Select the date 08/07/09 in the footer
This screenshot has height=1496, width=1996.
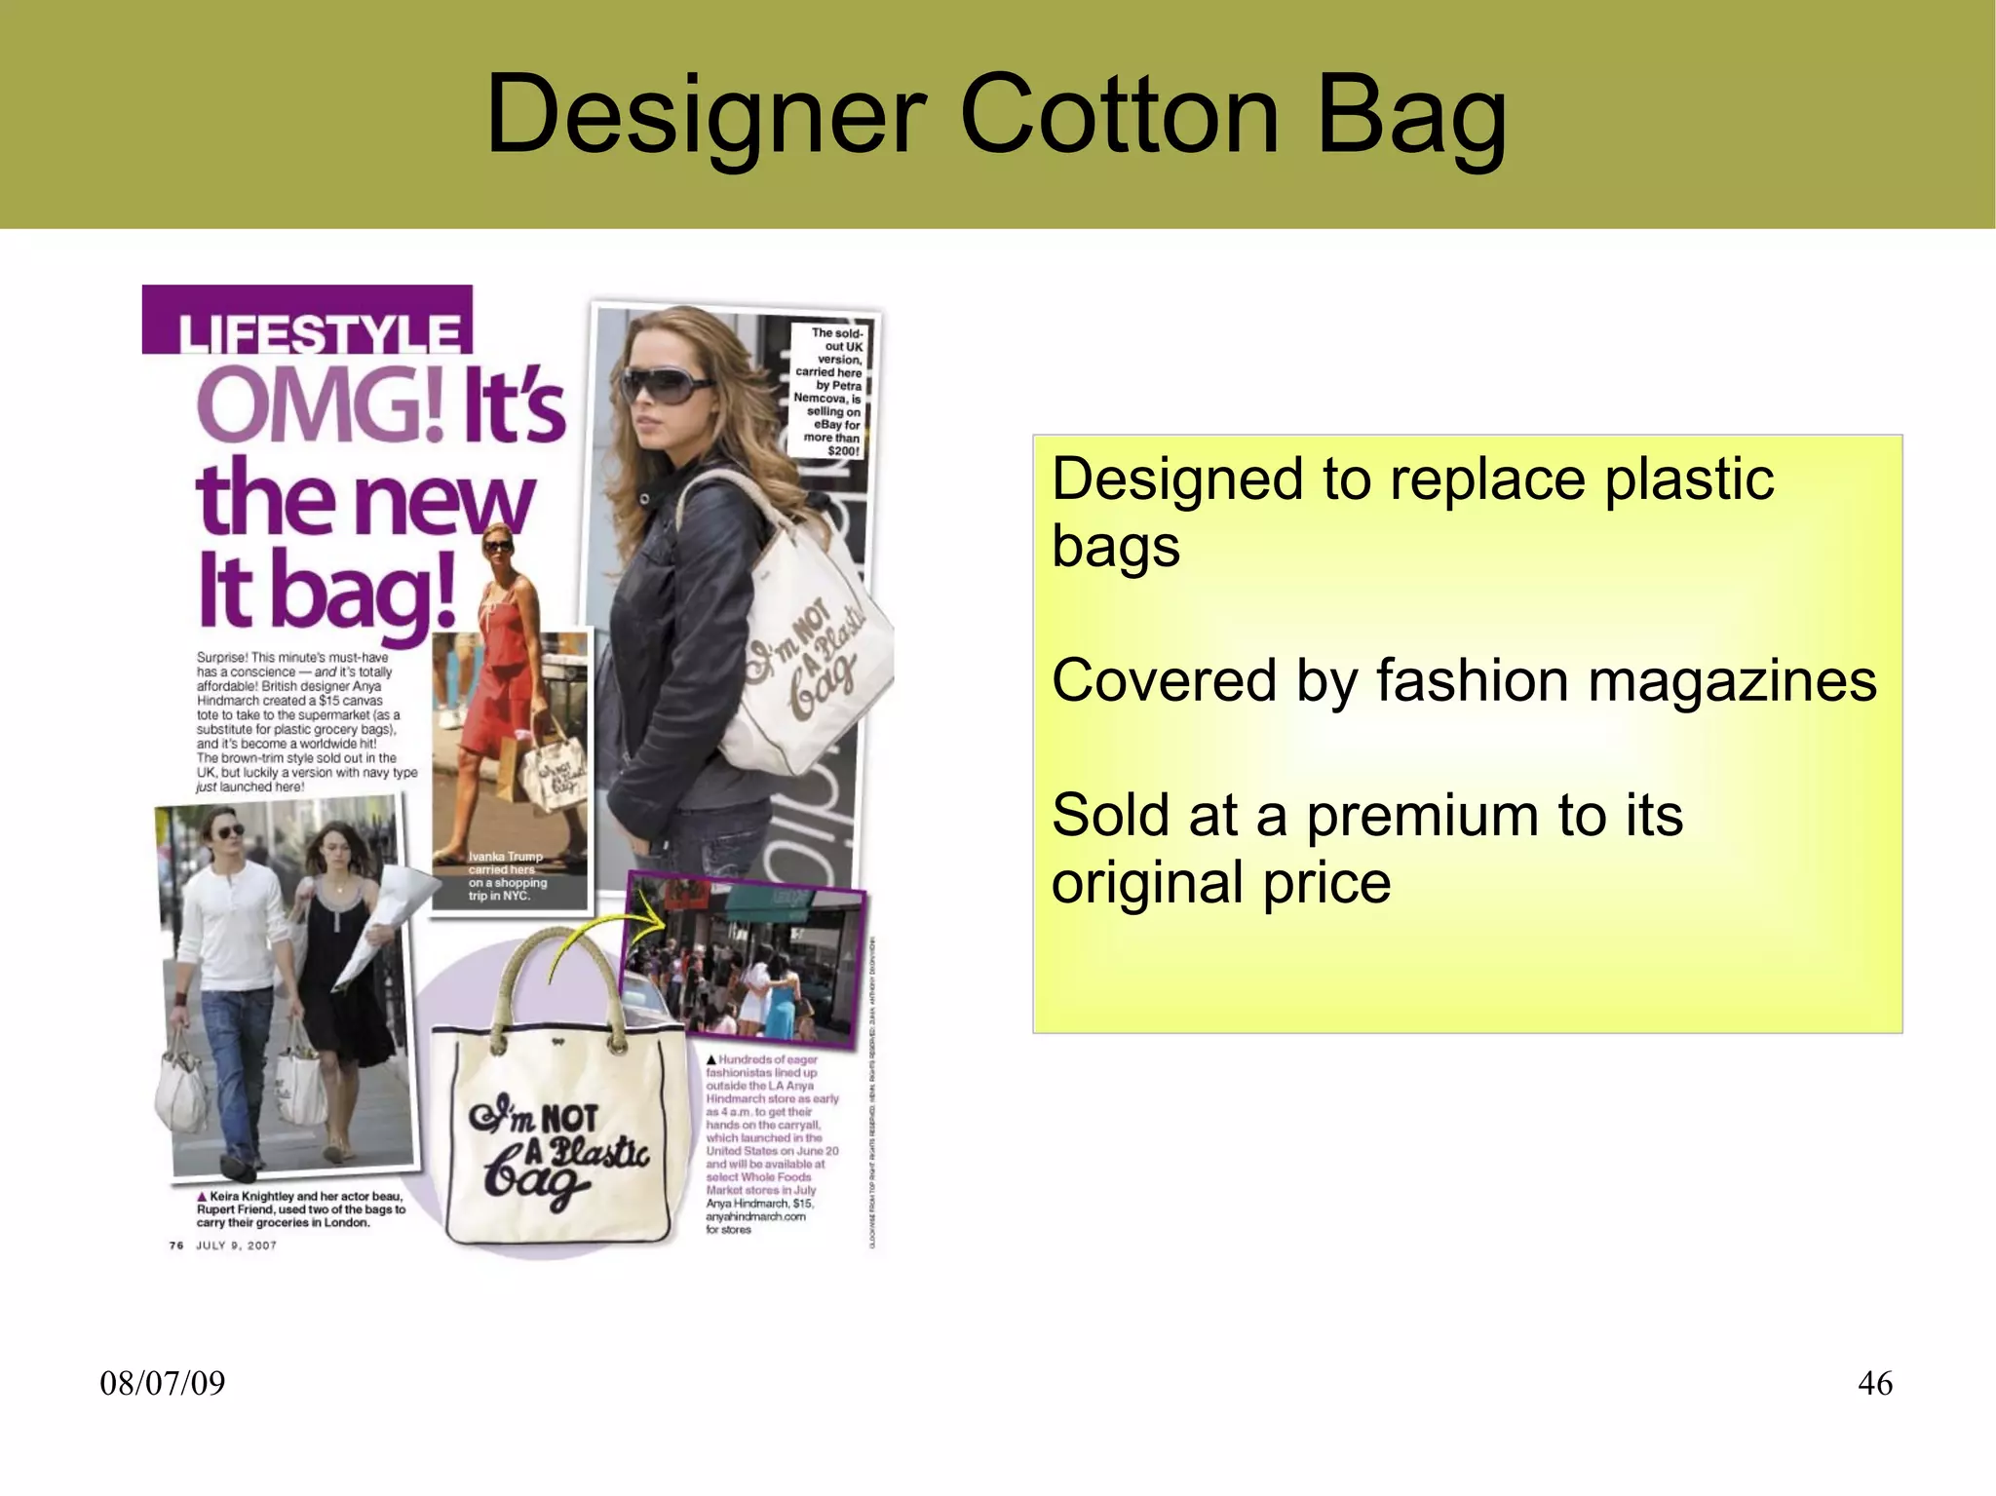click(x=163, y=1383)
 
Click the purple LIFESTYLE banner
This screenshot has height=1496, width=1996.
click(x=308, y=322)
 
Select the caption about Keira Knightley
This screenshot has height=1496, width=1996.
click(x=300, y=1208)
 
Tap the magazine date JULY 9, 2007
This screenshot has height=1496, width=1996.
click(x=236, y=1246)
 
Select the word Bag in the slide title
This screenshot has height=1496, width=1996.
click(x=1412, y=115)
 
